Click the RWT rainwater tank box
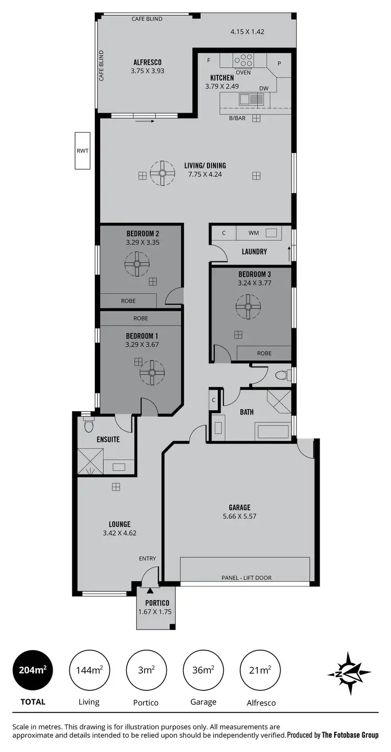point(82,151)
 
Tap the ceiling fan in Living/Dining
point(162,173)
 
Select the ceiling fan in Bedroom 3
point(248,307)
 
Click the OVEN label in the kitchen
point(243,73)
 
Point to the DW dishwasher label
point(264,88)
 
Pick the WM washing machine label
point(253,233)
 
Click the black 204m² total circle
point(33,670)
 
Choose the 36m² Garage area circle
point(203,670)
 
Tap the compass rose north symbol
point(349,673)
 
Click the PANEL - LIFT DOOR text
point(247,578)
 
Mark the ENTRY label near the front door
point(148,558)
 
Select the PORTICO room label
point(155,603)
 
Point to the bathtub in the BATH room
point(272,432)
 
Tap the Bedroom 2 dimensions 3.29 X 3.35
point(142,243)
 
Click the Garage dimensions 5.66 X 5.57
point(239,516)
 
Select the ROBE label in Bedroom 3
point(264,353)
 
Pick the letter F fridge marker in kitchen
point(209,61)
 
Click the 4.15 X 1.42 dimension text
point(247,32)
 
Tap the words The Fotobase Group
point(350,735)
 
